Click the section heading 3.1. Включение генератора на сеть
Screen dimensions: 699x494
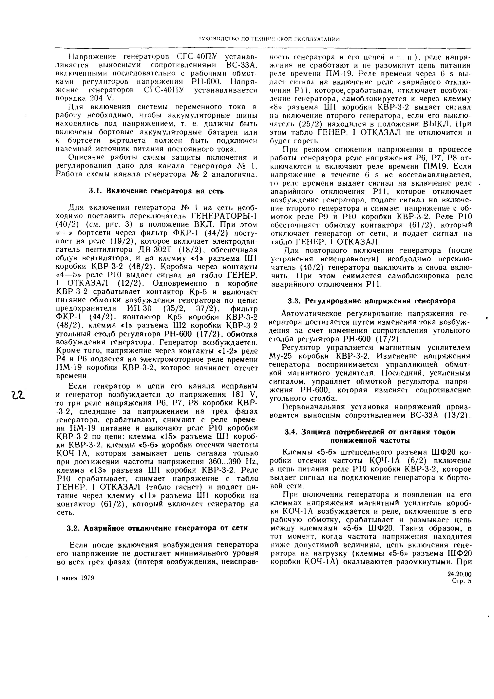pyautogui.click(x=156, y=191)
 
